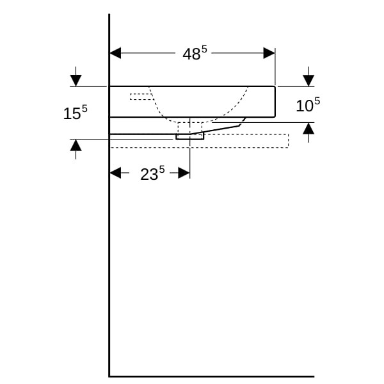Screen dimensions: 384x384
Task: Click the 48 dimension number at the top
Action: (191, 54)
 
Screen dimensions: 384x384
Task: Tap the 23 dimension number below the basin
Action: (149, 174)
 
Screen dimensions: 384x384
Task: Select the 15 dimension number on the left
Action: (72, 114)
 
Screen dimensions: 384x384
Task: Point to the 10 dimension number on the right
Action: (305, 106)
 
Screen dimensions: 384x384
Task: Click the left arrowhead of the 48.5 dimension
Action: (115, 53)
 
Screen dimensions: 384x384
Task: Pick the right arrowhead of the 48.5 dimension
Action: (269, 53)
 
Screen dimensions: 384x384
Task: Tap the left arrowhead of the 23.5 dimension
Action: (115, 173)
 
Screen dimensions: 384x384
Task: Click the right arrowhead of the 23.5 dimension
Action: (184, 173)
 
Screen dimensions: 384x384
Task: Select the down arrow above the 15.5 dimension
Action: (76, 81)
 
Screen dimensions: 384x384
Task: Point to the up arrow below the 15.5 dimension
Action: (76, 145)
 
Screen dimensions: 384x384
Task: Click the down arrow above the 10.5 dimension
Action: (308, 81)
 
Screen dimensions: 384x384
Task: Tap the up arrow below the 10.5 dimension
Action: (308, 129)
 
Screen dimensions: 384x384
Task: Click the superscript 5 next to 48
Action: (204, 50)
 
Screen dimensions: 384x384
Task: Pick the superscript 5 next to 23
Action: (162, 170)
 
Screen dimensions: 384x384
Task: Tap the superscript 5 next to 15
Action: (84, 109)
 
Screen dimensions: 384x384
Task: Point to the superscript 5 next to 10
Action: (317, 101)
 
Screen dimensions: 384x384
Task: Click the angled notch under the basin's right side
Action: (243, 122)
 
